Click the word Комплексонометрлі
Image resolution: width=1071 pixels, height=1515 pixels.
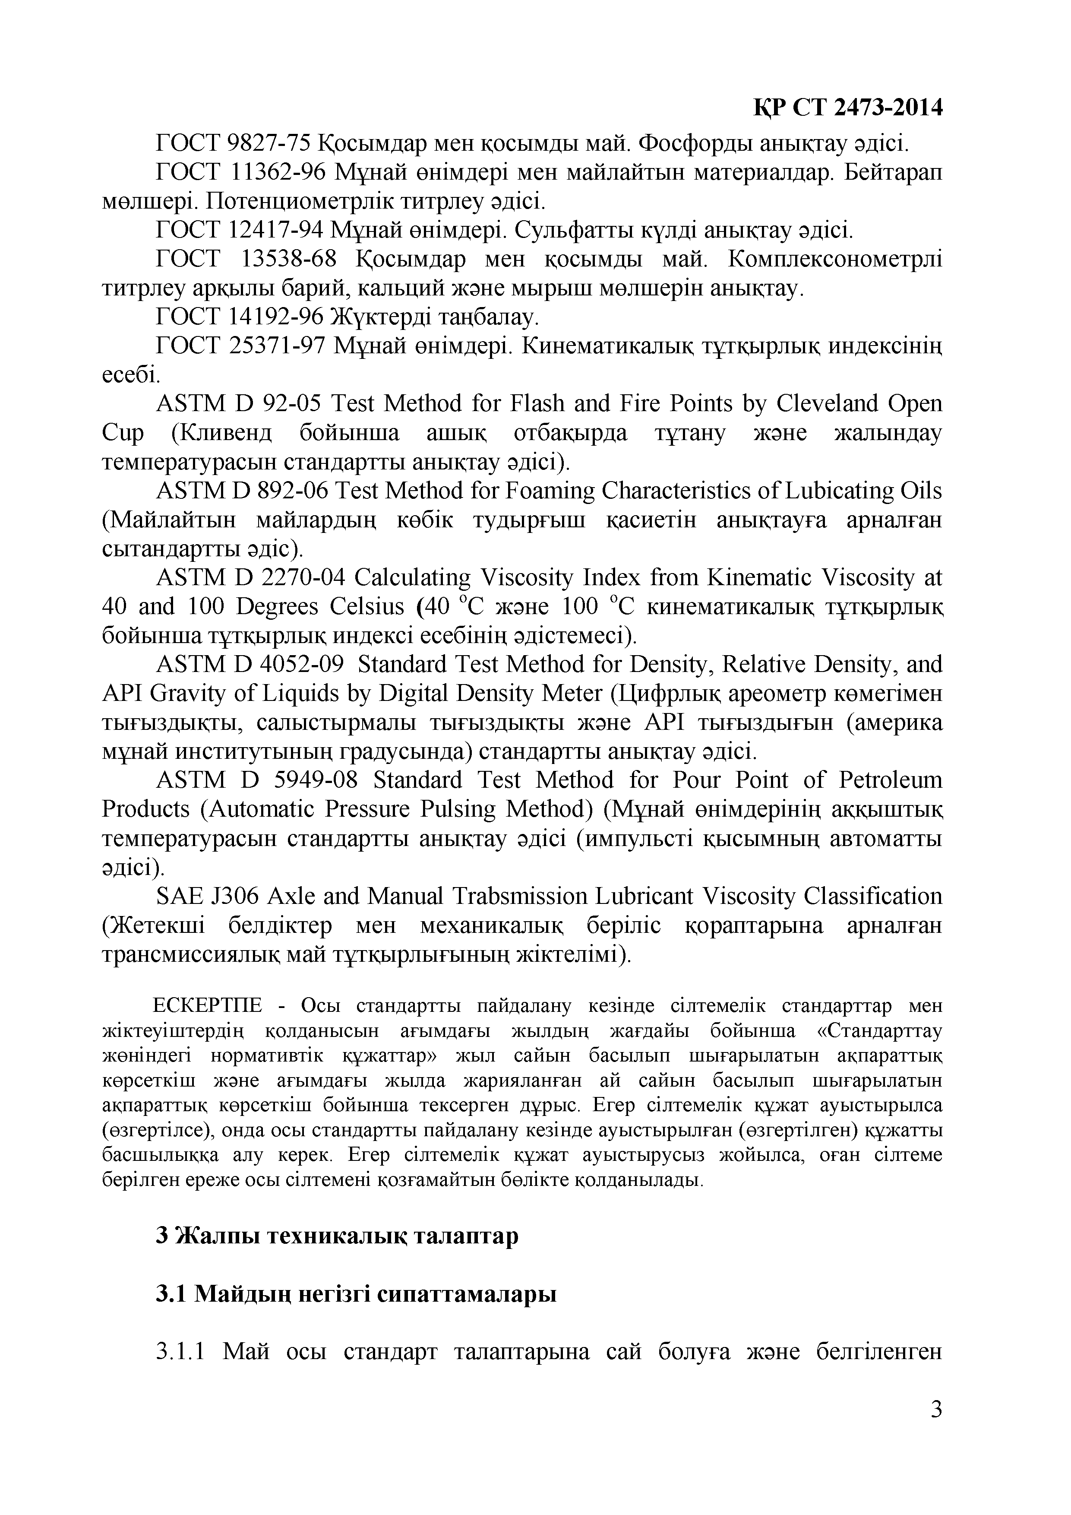point(835,259)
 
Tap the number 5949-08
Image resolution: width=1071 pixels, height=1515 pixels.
point(316,780)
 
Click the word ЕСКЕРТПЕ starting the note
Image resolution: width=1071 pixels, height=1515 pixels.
point(208,1005)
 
